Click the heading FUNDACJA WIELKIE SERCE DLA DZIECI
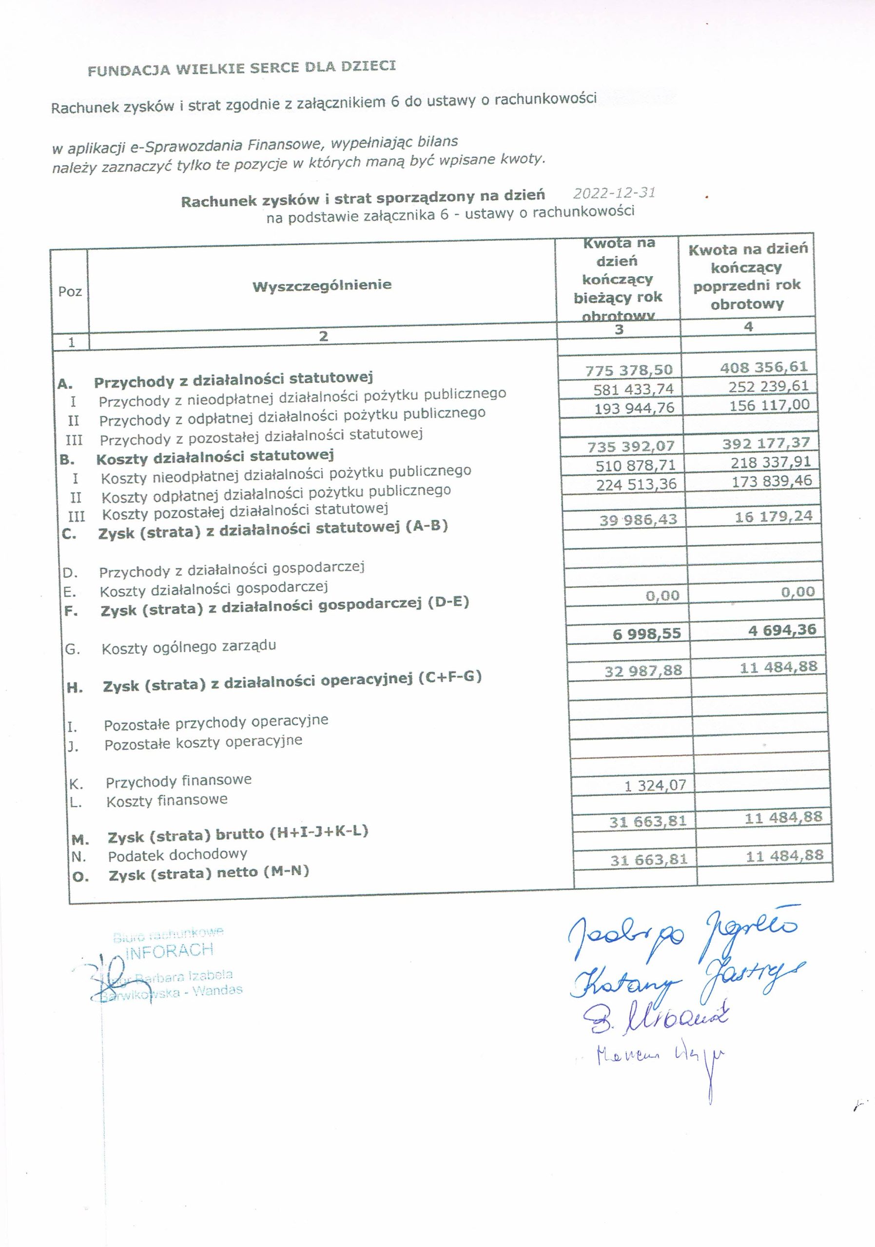[242, 68]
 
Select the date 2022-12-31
[614, 193]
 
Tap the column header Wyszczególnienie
[322, 285]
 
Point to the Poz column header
[70, 292]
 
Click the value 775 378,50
[629, 370]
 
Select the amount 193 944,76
[634, 408]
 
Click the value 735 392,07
[631, 447]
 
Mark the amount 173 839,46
[772, 481]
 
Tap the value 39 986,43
[639, 520]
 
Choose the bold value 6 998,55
[647, 634]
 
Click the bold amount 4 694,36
[782, 630]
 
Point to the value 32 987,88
[643, 671]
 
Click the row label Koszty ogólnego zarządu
[189, 647]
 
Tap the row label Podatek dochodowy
[178, 855]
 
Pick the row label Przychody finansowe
[179, 781]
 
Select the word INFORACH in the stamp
[169, 950]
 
